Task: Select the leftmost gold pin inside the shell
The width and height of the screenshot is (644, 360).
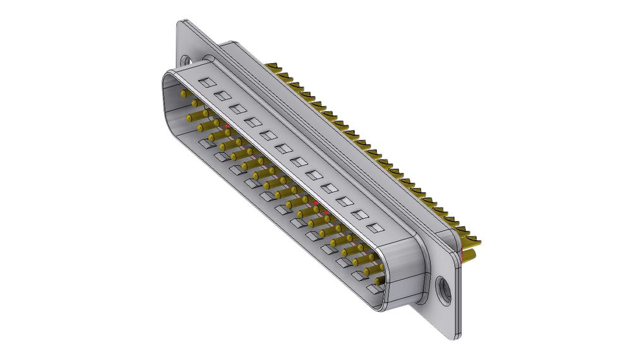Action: coord(184,93)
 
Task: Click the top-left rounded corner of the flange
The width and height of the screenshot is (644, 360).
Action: coord(181,24)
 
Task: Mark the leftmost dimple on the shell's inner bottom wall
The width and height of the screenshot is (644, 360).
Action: coord(206,144)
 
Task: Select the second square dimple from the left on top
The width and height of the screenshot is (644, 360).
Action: coord(222,95)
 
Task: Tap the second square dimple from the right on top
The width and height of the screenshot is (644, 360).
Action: coord(360,215)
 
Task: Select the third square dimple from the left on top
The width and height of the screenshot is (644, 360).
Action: coord(237,109)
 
